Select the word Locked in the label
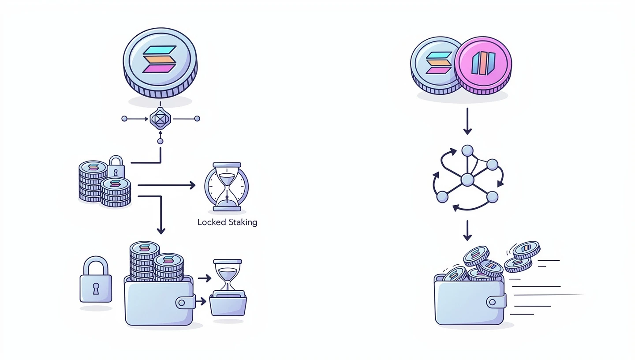click(212, 222)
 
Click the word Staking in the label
click(243, 222)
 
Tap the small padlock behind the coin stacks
click(116, 167)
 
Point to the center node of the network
click(467, 180)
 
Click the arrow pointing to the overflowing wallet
click(467, 230)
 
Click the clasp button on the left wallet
click(185, 303)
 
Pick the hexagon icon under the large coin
click(160, 119)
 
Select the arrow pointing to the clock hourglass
click(168, 185)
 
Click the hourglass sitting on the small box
click(228, 275)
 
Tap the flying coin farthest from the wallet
click(527, 249)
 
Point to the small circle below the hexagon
click(160, 141)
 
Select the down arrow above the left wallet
click(161, 216)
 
